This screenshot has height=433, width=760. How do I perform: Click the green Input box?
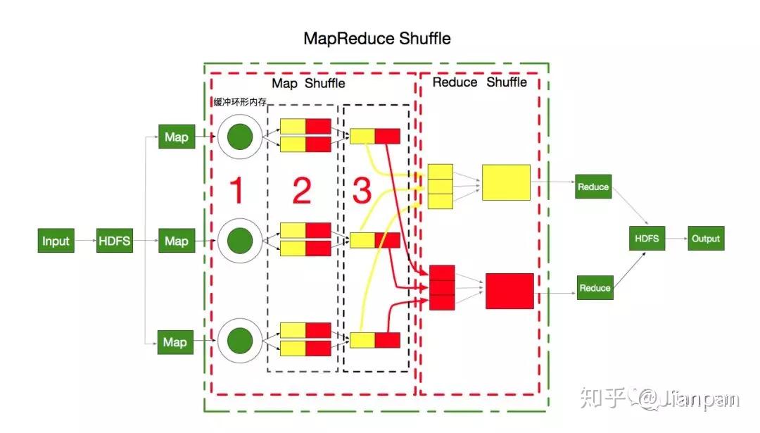(x=56, y=241)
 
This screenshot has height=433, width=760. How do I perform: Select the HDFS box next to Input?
(x=114, y=241)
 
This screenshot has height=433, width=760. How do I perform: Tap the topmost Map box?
(x=176, y=137)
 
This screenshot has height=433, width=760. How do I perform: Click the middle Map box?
(x=176, y=241)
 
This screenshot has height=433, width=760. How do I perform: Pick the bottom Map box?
(x=174, y=342)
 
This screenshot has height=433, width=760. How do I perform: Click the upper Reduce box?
(x=593, y=187)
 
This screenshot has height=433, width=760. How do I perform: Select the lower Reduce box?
(x=595, y=288)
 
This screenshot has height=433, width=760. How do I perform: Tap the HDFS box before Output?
(x=647, y=239)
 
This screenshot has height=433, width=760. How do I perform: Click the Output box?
(x=706, y=239)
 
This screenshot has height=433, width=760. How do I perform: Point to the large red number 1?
(x=237, y=191)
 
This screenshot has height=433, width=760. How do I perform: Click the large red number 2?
(x=302, y=191)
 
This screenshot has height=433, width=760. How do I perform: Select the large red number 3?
(x=361, y=191)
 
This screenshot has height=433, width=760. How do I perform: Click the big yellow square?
(x=506, y=182)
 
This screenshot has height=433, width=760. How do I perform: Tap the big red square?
(x=509, y=291)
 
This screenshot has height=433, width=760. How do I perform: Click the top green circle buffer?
(x=240, y=137)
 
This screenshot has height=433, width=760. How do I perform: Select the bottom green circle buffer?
(x=240, y=341)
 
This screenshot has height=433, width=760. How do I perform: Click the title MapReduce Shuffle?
(x=377, y=38)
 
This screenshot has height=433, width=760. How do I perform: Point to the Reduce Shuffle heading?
(x=479, y=82)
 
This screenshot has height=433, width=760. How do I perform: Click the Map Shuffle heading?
(x=308, y=83)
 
